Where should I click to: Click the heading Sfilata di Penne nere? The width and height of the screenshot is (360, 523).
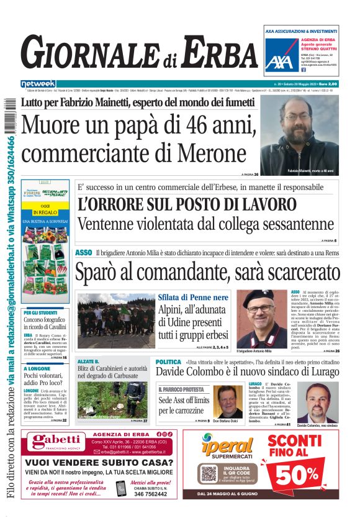[186, 298]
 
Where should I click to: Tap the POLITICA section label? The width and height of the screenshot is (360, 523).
[168, 362]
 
